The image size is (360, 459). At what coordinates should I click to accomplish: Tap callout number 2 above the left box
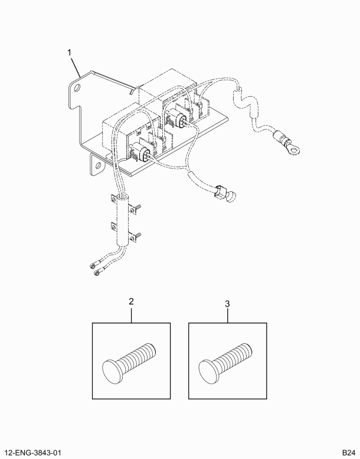click(131, 302)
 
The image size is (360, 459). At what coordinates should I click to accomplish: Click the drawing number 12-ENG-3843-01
click(34, 453)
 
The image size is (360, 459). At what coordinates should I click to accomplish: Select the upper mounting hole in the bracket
click(77, 88)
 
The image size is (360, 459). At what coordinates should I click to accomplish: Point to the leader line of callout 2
click(131, 314)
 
